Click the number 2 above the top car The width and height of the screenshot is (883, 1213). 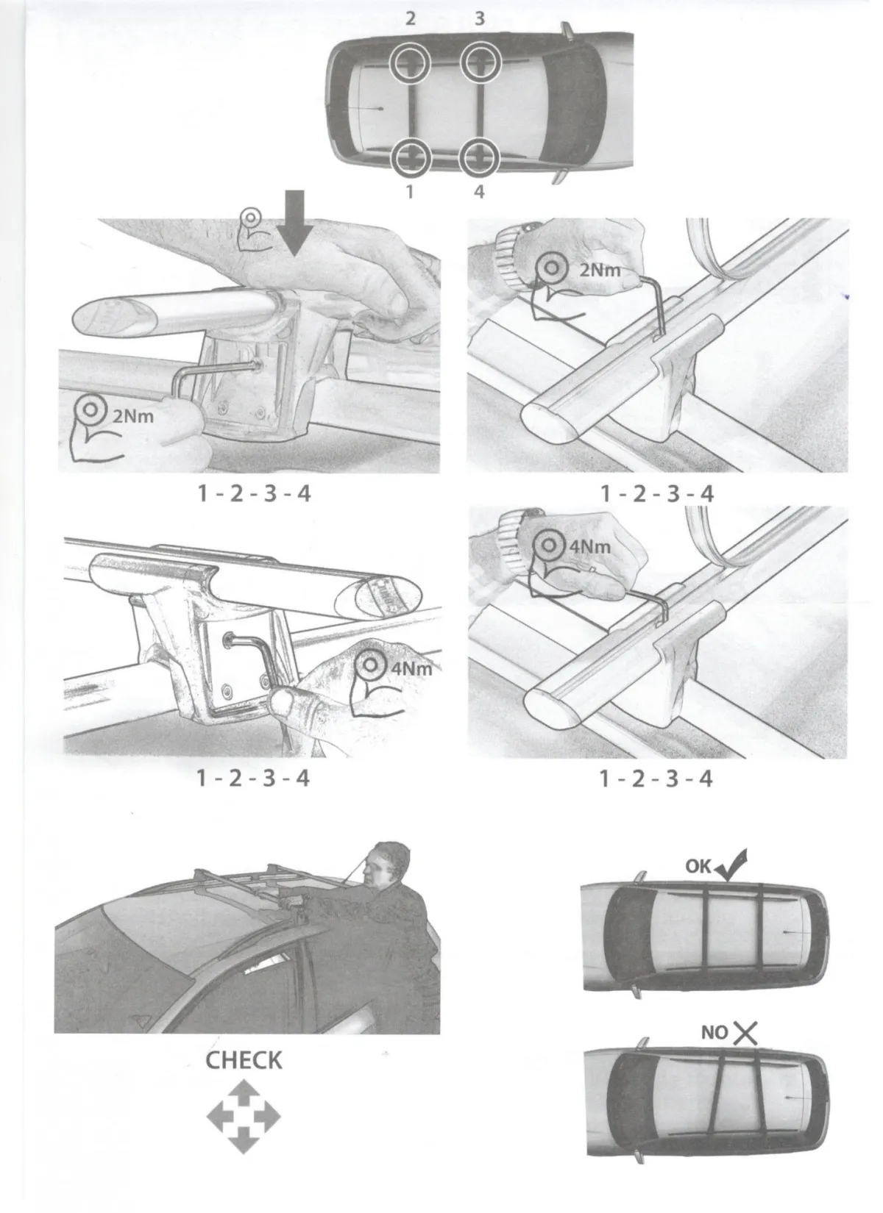[411, 18]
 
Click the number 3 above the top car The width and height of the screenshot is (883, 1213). [480, 18]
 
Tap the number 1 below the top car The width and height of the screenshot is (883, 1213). [410, 192]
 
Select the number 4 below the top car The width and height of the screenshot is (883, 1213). [479, 192]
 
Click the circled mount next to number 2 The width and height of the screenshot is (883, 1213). [410, 62]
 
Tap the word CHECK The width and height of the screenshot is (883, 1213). [244, 1061]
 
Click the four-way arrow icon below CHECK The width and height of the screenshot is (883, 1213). [244, 1116]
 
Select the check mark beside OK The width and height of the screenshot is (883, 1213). [731, 865]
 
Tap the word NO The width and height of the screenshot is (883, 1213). [714, 1033]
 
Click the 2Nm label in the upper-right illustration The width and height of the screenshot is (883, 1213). [600, 270]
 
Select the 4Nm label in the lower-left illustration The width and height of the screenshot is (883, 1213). [411, 668]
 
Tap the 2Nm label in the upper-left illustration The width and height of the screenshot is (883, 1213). [133, 416]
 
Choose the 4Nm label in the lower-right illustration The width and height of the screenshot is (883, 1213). [589, 547]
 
